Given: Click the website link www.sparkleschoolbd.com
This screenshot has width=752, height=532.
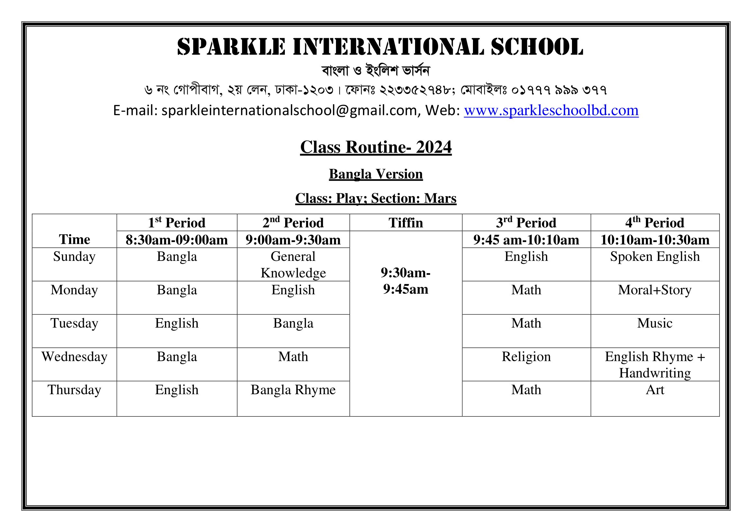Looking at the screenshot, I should [551, 110].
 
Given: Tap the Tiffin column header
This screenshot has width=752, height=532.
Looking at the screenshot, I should [405, 223].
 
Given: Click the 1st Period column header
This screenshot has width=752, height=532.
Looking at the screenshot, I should [177, 223].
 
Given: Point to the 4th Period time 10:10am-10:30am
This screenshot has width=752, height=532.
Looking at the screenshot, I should [655, 240].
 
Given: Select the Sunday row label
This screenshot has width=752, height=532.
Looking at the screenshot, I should [74, 256].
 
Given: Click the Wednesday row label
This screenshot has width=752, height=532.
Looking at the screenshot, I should [74, 356].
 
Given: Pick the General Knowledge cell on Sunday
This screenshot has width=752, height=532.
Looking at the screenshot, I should [293, 265].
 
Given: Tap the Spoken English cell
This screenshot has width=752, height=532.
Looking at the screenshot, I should [655, 256].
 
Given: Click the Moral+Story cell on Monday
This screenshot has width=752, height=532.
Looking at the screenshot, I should [655, 290].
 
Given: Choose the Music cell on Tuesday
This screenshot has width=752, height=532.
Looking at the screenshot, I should [655, 323].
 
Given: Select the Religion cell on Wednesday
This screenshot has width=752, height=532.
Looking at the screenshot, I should [526, 356].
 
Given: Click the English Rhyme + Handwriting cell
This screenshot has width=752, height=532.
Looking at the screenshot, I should [655, 365].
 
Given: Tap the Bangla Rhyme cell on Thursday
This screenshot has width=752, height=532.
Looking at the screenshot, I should [293, 390].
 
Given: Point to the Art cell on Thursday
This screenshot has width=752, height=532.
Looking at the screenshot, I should [655, 390].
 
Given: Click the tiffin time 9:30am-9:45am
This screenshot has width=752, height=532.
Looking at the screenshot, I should [405, 281].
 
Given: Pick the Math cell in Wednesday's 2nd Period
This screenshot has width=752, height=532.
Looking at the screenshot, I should [293, 356].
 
